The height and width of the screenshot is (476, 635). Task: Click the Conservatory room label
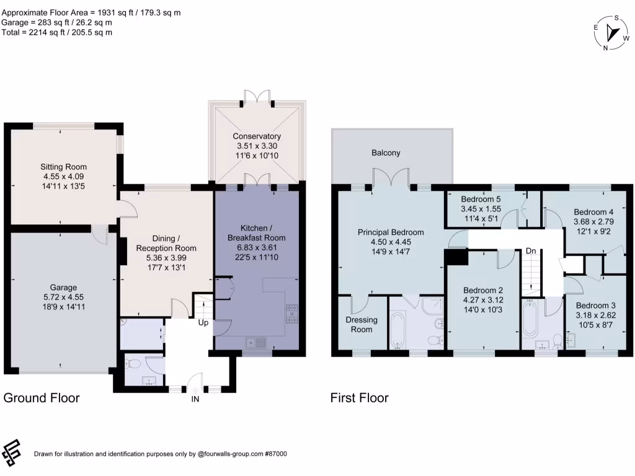pyautogui.click(x=257, y=136)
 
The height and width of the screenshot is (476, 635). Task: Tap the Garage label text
pyautogui.click(x=64, y=288)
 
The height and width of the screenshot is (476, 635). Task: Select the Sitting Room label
pyautogui.click(x=64, y=167)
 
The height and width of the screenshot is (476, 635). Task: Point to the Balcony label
pyautogui.click(x=386, y=152)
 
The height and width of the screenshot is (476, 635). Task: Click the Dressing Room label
pyautogui.click(x=362, y=325)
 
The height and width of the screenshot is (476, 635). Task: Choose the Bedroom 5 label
pyautogui.click(x=481, y=200)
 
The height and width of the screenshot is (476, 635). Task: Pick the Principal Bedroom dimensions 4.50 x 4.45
pyautogui.click(x=382, y=242)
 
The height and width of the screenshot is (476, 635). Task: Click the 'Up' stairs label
pyautogui.click(x=203, y=323)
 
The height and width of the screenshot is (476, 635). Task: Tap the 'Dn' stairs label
pyautogui.click(x=530, y=251)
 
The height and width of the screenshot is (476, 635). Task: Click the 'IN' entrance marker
pyautogui.click(x=195, y=399)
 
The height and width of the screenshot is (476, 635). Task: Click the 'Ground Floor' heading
pyautogui.click(x=42, y=398)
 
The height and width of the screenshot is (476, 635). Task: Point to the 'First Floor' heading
pyautogui.click(x=360, y=398)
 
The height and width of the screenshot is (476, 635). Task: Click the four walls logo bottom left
pyautogui.click(x=12, y=453)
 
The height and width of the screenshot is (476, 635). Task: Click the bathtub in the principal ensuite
pyautogui.click(x=397, y=329)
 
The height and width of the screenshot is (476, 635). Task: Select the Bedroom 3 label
pyautogui.click(x=595, y=306)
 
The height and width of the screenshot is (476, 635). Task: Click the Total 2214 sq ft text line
pyautogui.click(x=56, y=32)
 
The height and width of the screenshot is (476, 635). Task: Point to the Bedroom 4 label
pyautogui.click(x=593, y=211)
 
